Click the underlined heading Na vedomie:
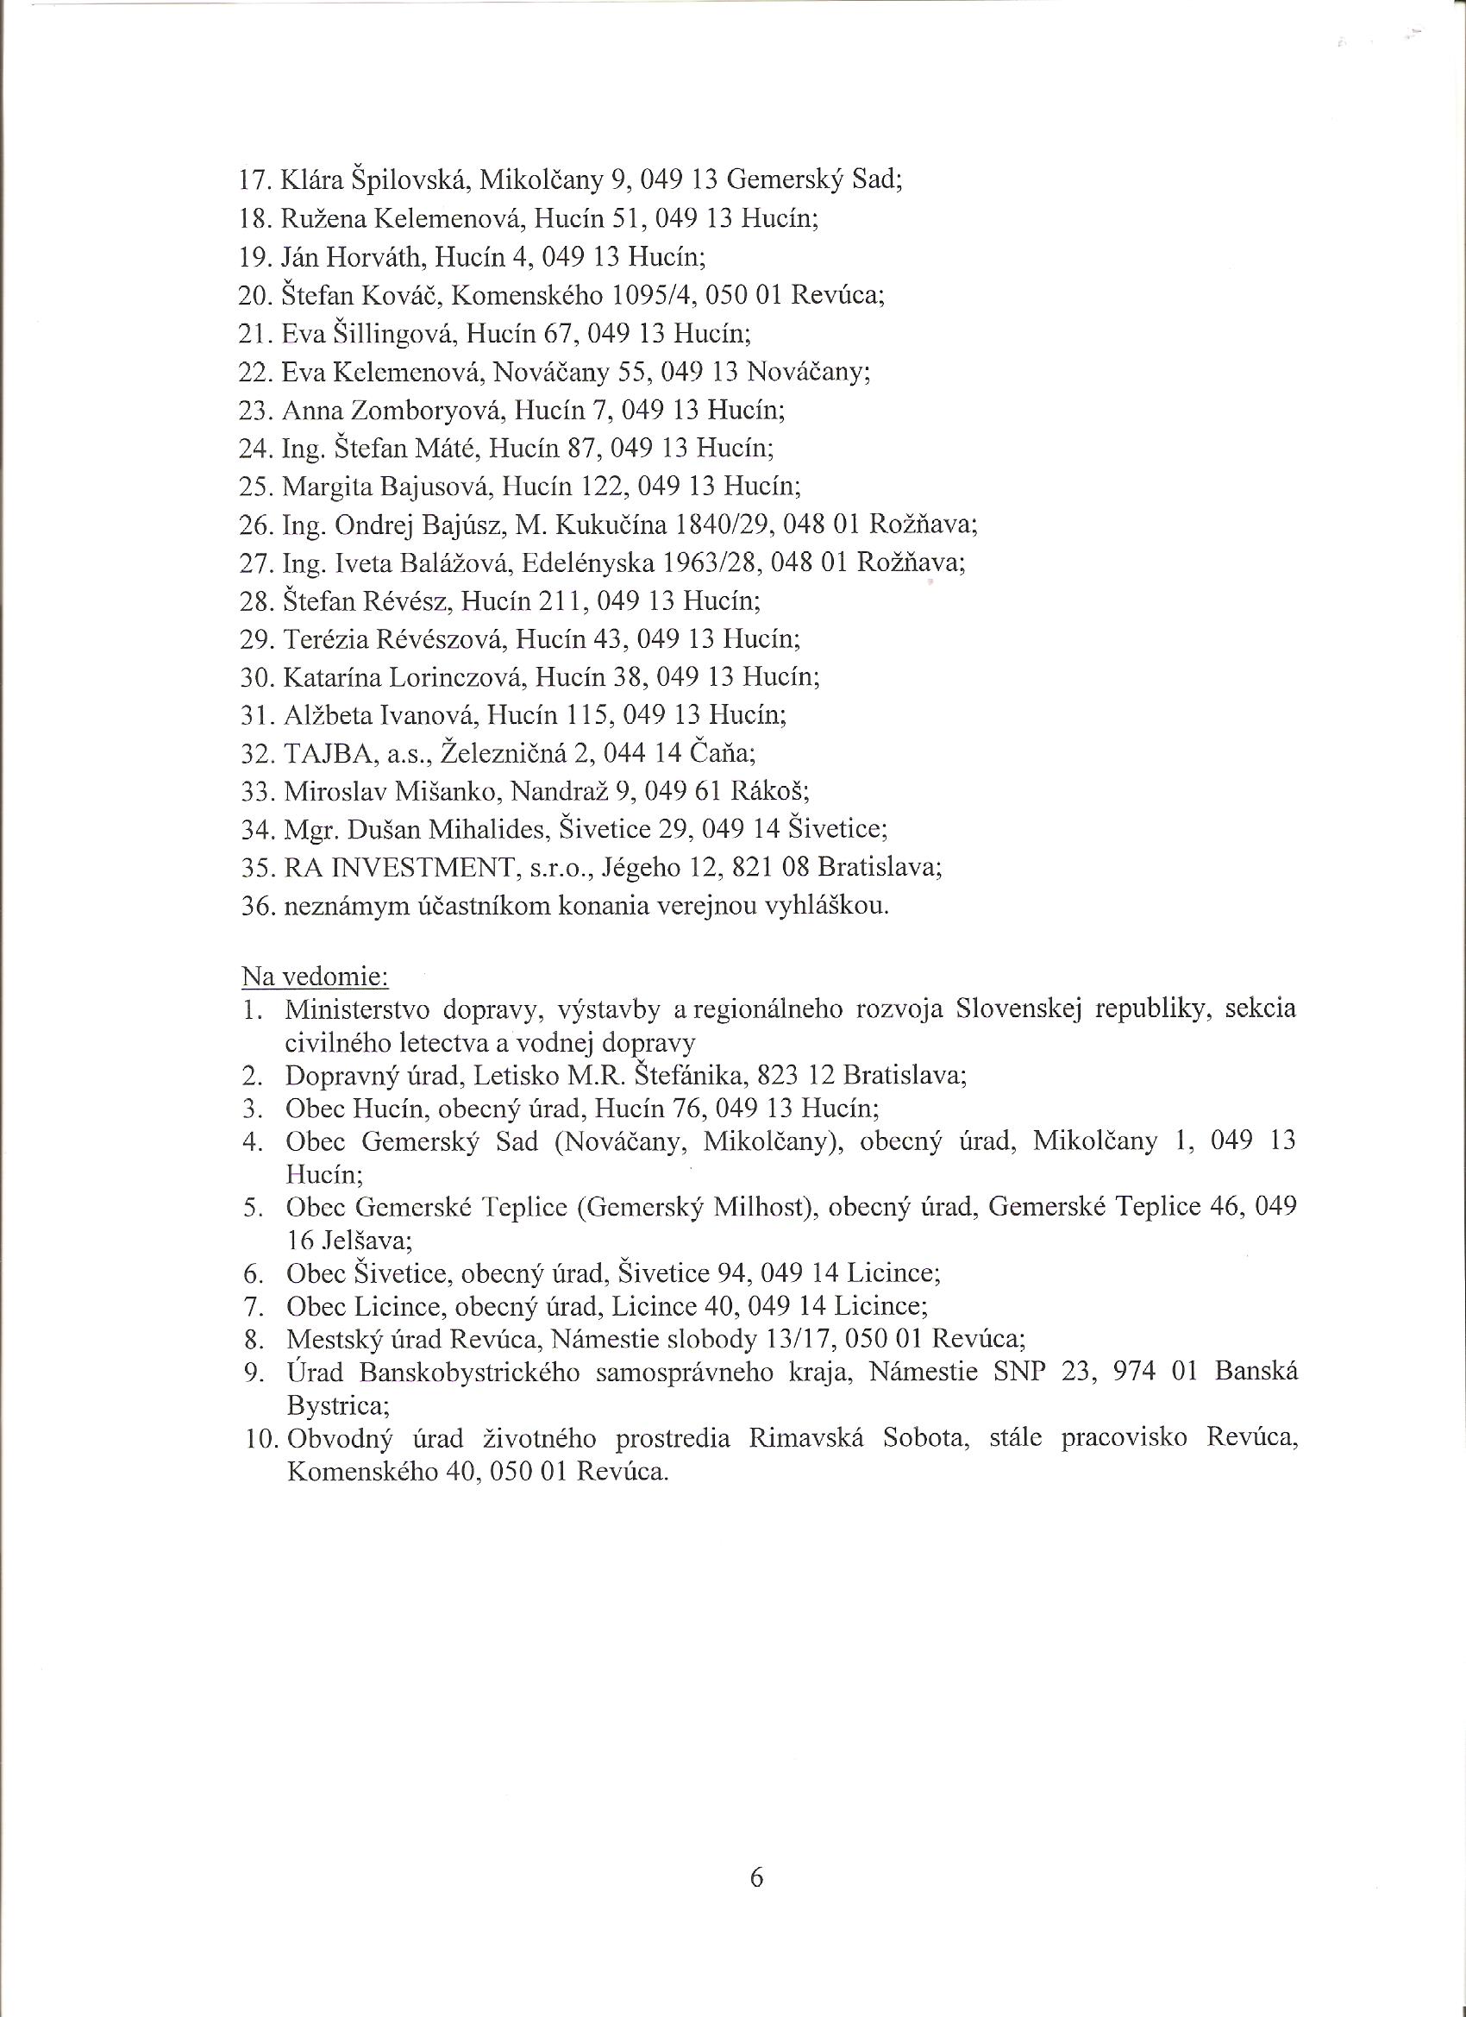click(x=315, y=977)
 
